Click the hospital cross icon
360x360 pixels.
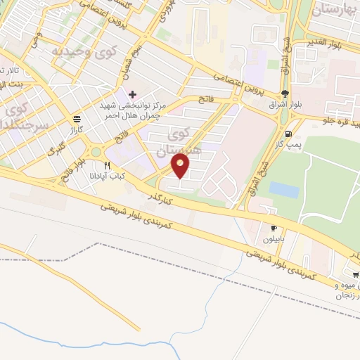(x=132, y=94)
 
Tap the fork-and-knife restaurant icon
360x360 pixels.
(x=106, y=166)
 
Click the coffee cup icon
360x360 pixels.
(x=274, y=228)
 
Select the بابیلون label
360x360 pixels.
(x=274, y=238)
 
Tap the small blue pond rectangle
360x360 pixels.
(x=283, y=189)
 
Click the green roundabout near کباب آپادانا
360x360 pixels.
(x=95, y=152)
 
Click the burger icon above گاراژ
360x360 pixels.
(x=76, y=120)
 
